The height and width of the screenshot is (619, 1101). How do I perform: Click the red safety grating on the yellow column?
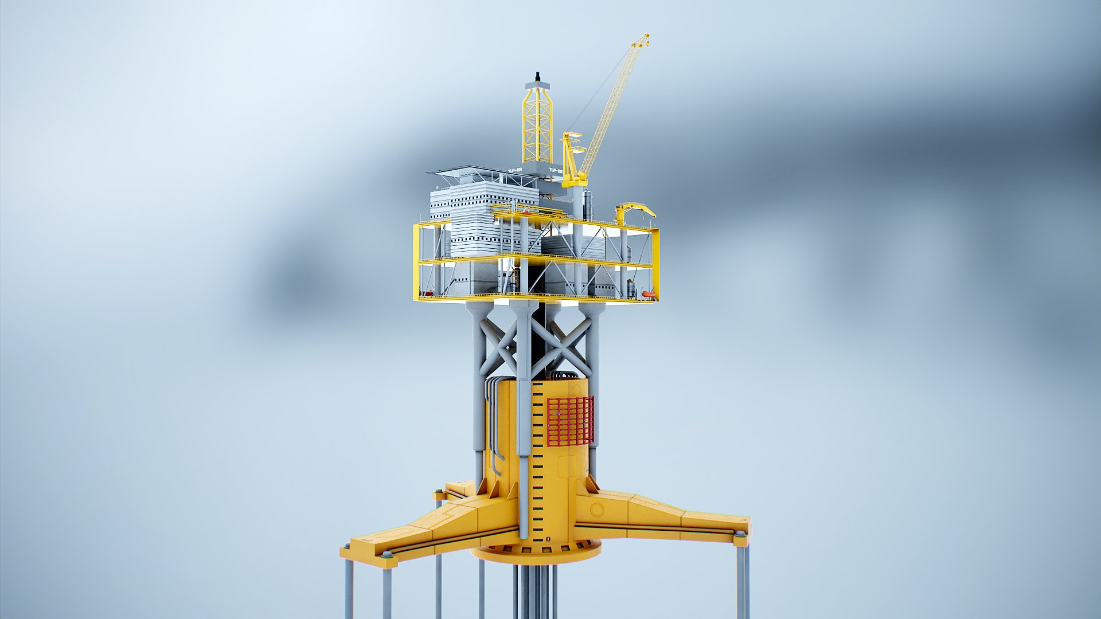click(569, 421)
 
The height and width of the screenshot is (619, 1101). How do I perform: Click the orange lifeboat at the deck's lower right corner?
click(648, 294)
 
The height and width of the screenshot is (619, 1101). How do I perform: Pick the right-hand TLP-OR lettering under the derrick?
click(555, 170)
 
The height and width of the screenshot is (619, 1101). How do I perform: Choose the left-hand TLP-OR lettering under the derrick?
click(514, 170)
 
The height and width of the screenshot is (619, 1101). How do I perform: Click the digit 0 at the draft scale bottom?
click(548, 538)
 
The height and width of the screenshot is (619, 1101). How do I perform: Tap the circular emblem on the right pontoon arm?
click(597, 509)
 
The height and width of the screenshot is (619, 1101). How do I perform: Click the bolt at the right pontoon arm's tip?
click(740, 534)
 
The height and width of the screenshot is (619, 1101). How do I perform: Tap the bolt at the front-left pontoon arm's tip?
click(387, 554)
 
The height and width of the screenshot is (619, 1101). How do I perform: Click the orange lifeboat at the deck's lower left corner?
click(427, 293)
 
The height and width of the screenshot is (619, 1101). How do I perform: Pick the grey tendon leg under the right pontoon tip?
click(742, 579)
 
